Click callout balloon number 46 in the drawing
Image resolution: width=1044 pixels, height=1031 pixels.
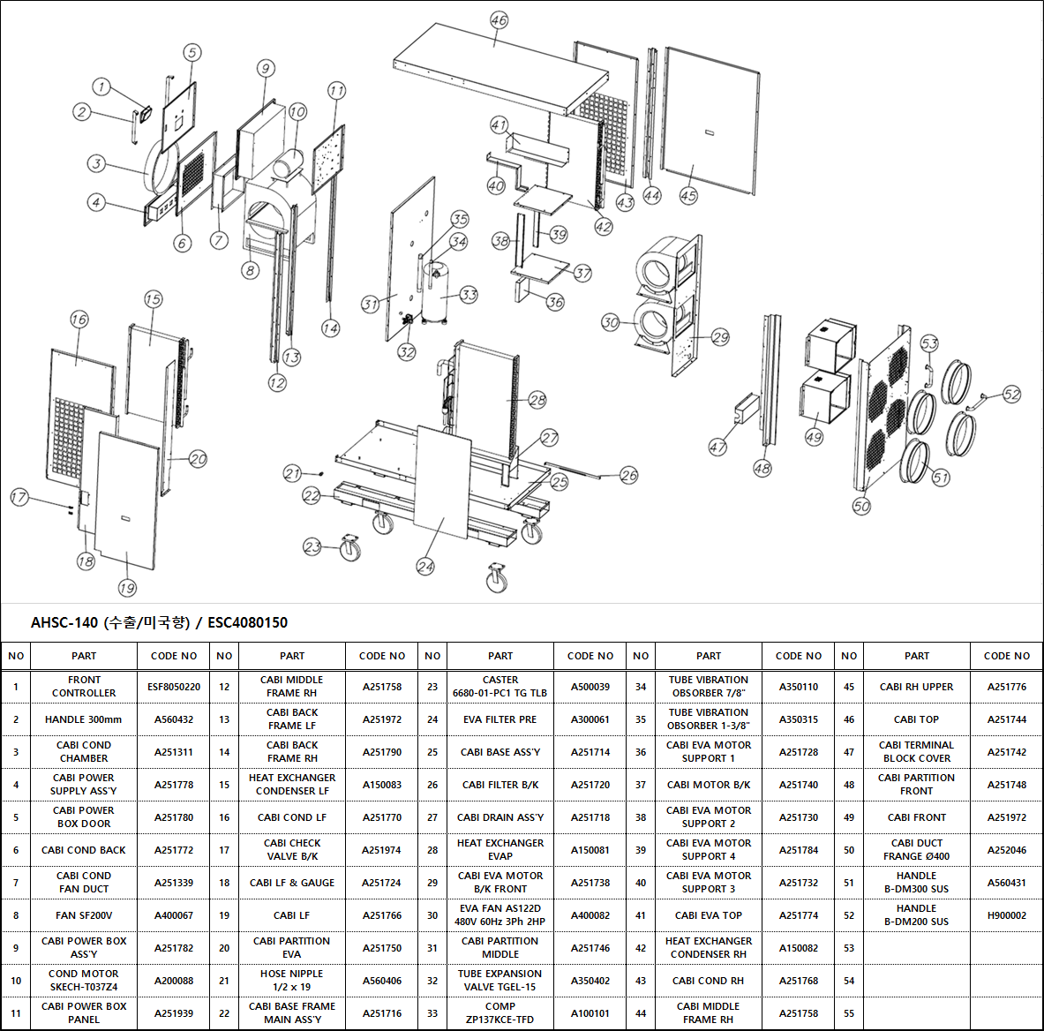click(499, 20)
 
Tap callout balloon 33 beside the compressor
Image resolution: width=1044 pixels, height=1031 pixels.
click(469, 294)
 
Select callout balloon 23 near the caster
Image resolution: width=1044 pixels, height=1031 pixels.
click(312, 546)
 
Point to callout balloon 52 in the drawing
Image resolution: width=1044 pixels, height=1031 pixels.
click(1011, 395)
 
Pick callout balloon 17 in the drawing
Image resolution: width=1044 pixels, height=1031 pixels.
click(19, 497)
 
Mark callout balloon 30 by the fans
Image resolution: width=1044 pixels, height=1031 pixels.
click(610, 322)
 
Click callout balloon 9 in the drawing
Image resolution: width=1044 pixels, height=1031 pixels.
click(266, 68)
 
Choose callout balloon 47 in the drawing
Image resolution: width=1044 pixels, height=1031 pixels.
click(717, 447)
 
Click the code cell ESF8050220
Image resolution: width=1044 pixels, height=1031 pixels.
click(174, 687)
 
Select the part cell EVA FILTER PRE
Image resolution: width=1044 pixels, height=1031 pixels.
click(500, 719)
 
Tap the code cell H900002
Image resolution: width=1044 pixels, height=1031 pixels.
click(1007, 915)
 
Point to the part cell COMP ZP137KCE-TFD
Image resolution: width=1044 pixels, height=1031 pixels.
click(500, 1013)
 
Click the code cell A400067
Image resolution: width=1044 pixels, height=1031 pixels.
click(174, 915)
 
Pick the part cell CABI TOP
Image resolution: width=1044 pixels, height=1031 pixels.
click(916, 719)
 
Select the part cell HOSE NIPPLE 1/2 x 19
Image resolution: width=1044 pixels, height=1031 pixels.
click(291, 981)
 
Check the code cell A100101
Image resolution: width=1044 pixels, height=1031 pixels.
click(590, 1013)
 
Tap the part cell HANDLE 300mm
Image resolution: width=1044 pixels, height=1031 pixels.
click(83, 719)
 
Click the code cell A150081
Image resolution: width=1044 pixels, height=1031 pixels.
click(590, 850)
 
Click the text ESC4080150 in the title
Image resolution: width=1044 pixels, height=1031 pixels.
click(248, 622)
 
